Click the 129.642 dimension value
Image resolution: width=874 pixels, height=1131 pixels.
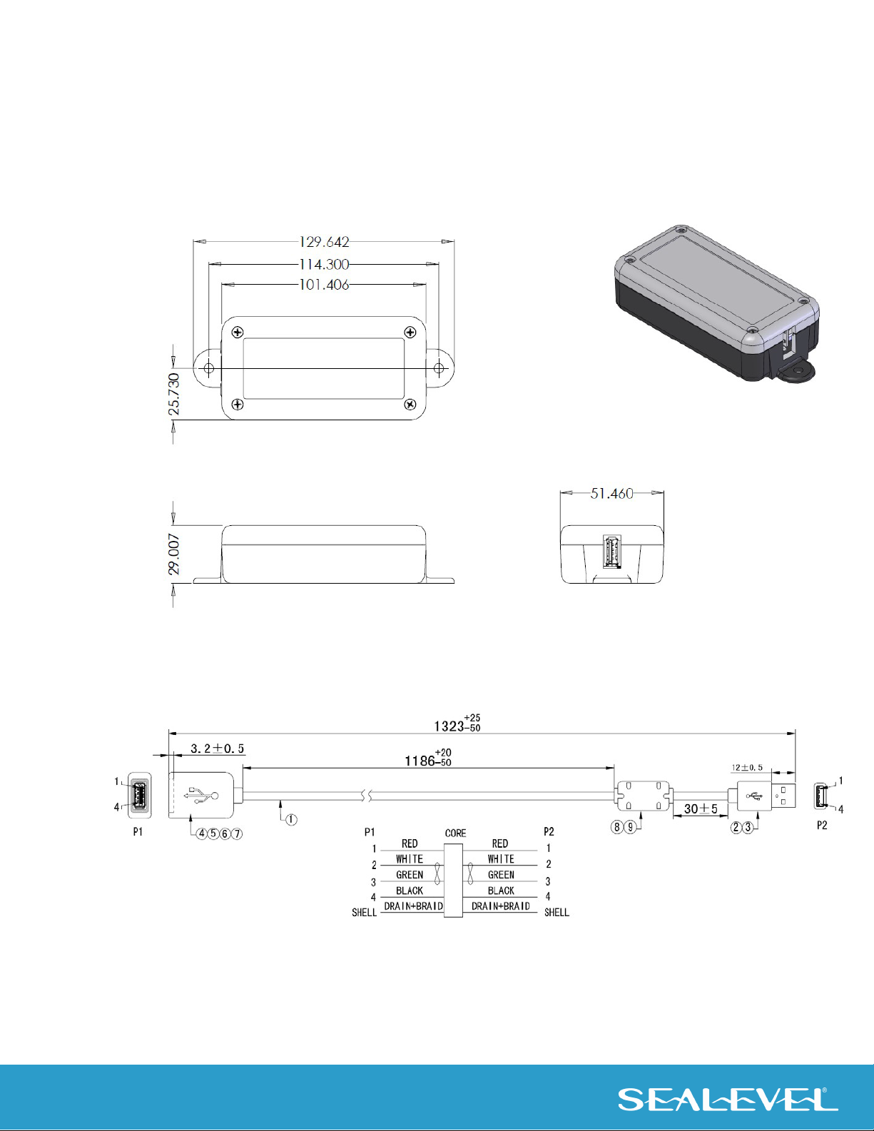click(x=324, y=242)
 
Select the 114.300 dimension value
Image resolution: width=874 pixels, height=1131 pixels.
click(x=324, y=265)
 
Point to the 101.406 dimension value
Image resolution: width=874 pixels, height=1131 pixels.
click(x=324, y=285)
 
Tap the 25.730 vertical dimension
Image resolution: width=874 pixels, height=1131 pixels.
click(x=174, y=394)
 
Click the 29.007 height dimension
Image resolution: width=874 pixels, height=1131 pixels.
click(x=174, y=554)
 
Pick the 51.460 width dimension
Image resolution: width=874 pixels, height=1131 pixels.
click(x=612, y=493)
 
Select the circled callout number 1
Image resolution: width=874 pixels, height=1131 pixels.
click(x=291, y=820)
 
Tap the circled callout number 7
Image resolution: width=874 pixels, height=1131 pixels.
click(x=237, y=834)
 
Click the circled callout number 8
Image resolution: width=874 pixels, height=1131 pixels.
click(x=617, y=826)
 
